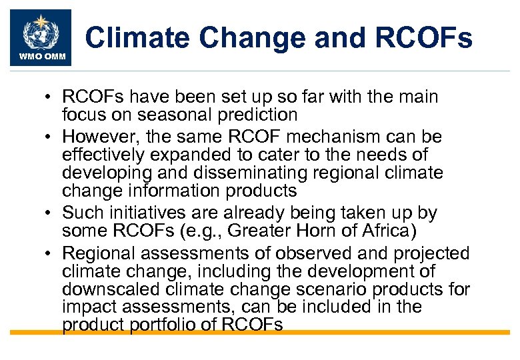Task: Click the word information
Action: (x=175, y=191)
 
